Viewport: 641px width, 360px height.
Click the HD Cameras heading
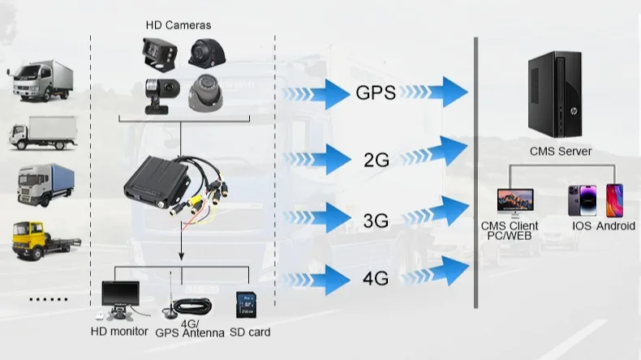[179, 25]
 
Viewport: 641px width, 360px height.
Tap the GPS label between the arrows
[376, 92]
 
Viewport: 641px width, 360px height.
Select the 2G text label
[376, 160]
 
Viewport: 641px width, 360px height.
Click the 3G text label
[376, 219]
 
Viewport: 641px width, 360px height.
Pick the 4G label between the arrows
[376, 280]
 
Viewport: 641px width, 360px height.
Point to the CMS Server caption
[561, 151]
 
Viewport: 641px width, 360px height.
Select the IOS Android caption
[603, 226]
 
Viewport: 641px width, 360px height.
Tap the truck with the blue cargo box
[45, 183]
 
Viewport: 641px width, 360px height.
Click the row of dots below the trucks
[49, 298]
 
